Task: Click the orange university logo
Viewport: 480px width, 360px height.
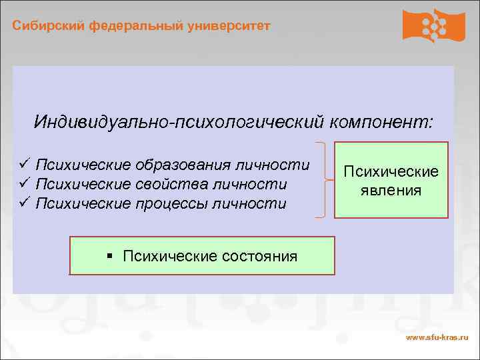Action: [x=433, y=25]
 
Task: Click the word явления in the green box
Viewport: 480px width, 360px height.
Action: [x=391, y=191]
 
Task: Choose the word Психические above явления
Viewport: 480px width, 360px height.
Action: [x=391, y=171]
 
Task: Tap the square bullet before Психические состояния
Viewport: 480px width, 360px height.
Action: [x=111, y=256]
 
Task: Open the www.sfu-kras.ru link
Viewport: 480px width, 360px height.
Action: [x=437, y=339]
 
